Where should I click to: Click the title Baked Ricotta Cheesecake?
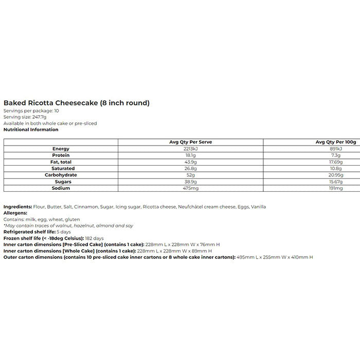pyautogui.click(x=77, y=103)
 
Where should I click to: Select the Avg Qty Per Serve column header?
pyautogui.click(x=190, y=142)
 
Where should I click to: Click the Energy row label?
pyautogui.click(x=61, y=149)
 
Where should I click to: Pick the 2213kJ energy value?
pyautogui.click(x=190, y=149)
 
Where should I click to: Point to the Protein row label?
pyautogui.click(x=61, y=155)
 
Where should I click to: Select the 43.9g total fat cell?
pyautogui.click(x=190, y=162)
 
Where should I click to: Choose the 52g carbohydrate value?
pyautogui.click(x=190, y=175)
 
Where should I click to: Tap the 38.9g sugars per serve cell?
pyautogui.click(x=190, y=182)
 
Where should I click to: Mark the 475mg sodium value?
pyautogui.click(x=190, y=189)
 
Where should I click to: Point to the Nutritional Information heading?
pyautogui.click(x=31, y=130)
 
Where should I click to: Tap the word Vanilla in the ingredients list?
pyautogui.click(x=258, y=207)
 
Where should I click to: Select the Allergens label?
pyautogui.click(x=15, y=213)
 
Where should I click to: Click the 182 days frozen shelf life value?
pyautogui.click(x=95, y=238)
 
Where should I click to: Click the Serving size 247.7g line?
pyautogui.click(x=22, y=117)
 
